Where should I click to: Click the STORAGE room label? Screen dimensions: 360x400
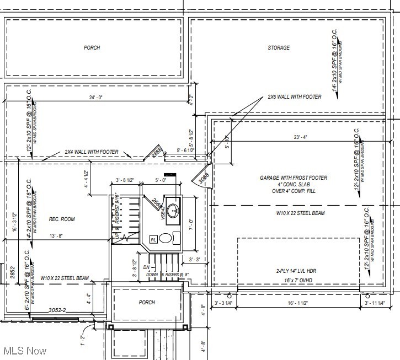[279, 48]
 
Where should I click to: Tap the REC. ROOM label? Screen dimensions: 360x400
[61, 219]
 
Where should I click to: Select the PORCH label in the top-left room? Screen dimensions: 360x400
[92, 48]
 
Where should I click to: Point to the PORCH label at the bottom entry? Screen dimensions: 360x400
[147, 303]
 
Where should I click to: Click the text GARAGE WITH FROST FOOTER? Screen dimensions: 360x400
[294, 178]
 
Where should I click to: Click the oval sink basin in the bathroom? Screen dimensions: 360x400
[173, 209]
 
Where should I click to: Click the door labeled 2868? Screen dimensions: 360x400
[156, 153]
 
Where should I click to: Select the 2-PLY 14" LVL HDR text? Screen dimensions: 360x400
[298, 271]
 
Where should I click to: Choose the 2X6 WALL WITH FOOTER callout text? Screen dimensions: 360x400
[294, 97]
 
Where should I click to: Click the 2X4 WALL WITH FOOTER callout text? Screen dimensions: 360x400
[92, 152]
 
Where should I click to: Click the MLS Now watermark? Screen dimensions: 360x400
[25, 351]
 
